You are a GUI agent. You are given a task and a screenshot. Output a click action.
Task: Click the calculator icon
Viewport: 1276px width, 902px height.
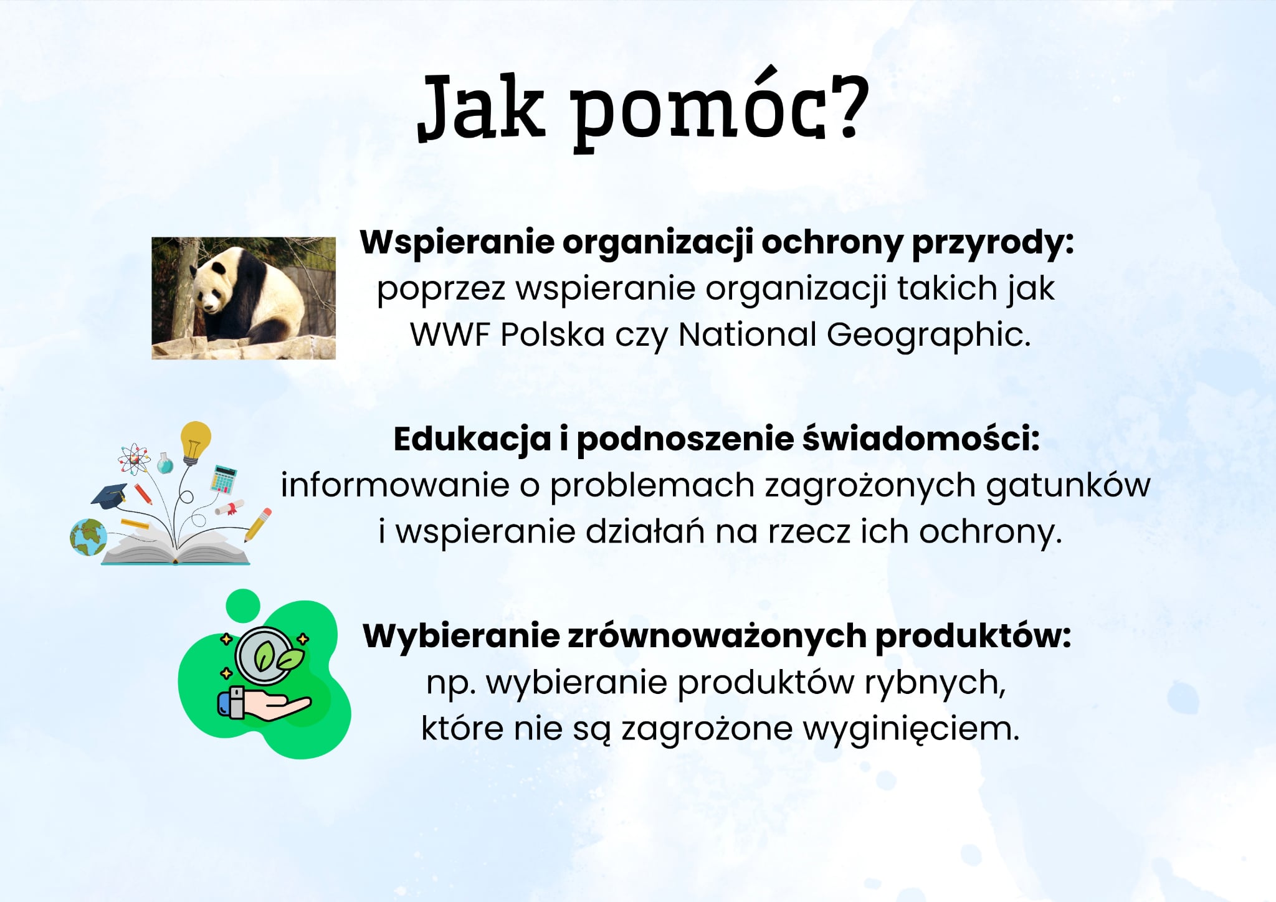[x=224, y=478]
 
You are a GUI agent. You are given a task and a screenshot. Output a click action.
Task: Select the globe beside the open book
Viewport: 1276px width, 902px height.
[x=88, y=537]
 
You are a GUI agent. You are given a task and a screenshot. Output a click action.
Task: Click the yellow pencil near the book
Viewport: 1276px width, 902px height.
[x=258, y=525]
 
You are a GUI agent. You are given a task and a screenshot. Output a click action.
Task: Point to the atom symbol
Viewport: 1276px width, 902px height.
[x=134, y=460]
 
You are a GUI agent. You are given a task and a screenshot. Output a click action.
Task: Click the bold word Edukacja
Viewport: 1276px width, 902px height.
[x=472, y=439]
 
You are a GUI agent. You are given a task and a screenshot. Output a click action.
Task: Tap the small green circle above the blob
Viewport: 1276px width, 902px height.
[x=243, y=605]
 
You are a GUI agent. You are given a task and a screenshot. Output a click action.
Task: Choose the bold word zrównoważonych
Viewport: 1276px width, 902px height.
[x=717, y=637]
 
